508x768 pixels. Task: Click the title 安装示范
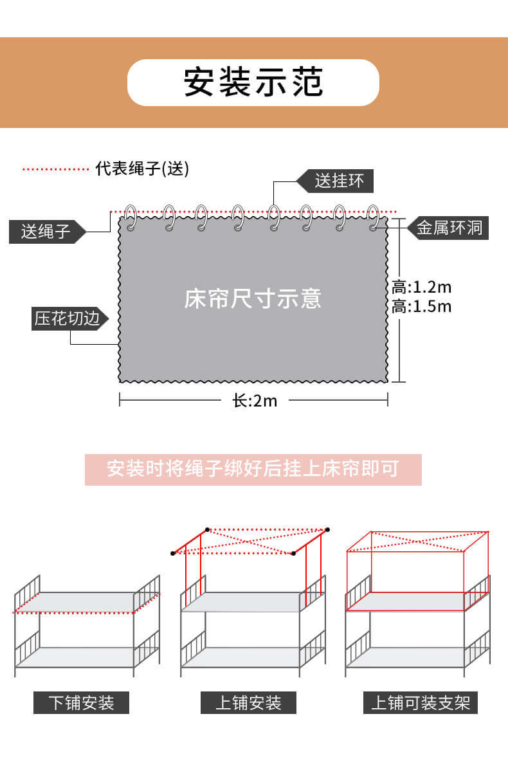[253, 82]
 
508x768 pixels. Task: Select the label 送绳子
[45, 232]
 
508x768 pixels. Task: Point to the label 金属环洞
[449, 228]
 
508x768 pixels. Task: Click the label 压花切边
[68, 319]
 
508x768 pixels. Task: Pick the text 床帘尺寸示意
[253, 299]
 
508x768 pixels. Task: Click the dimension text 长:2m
[255, 401]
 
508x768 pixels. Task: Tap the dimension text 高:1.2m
[422, 286]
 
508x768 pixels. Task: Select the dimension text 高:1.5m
[422, 306]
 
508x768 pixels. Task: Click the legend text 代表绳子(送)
[142, 169]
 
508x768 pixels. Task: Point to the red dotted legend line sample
[55, 169]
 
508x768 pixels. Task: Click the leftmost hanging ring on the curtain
[131, 217]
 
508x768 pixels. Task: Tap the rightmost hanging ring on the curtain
[374, 217]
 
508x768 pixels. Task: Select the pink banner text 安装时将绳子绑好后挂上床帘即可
[253, 469]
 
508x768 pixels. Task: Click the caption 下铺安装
[81, 702]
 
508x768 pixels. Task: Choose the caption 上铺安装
[248, 702]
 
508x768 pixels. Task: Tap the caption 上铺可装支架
[421, 702]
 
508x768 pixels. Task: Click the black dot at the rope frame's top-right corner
[327, 530]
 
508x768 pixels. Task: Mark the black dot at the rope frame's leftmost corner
[173, 553]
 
